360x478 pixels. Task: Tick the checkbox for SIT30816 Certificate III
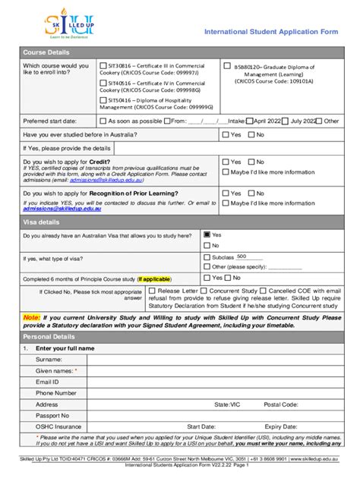pos(104,66)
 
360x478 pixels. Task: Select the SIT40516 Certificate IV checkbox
pos(104,83)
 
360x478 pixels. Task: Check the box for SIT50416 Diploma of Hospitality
pos(104,100)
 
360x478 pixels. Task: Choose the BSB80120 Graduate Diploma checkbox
pos(226,66)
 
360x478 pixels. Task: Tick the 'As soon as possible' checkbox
pos(104,121)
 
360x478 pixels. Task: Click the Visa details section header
pos(41,222)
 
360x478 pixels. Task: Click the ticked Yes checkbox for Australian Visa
pos(206,235)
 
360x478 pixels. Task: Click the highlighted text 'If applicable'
pos(155,278)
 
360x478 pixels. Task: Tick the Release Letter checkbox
pos(152,291)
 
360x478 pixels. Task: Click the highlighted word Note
pos(31,318)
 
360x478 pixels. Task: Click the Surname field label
pos(49,359)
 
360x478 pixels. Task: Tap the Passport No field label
pos(52,416)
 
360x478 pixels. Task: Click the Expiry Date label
pos(281,427)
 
